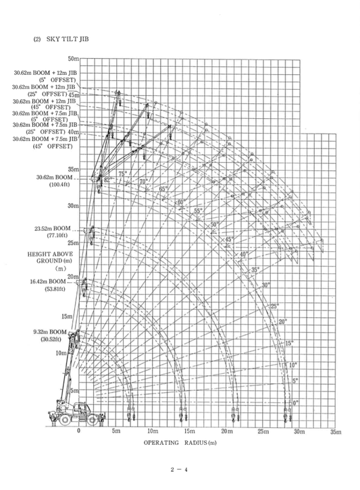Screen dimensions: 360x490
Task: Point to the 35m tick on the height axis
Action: [74, 169]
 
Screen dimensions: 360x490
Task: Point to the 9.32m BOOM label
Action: [49, 332]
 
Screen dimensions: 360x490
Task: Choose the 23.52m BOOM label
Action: [49, 229]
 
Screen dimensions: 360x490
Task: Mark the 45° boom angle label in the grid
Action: [228, 240]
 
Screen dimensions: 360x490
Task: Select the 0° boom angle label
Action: [294, 403]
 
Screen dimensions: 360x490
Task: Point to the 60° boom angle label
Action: [180, 202]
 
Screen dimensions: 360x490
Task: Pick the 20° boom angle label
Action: [282, 321]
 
